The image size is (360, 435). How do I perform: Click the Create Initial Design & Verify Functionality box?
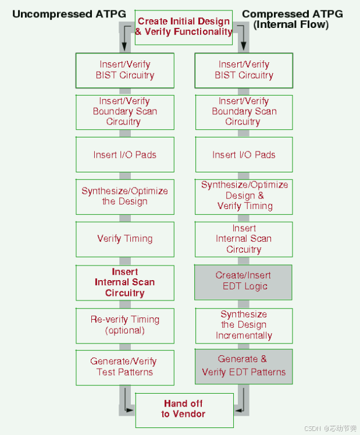(x=184, y=27)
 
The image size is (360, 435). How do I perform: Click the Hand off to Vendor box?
(x=184, y=409)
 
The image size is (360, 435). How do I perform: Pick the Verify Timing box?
(x=125, y=239)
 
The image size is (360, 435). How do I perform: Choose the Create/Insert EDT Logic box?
(x=243, y=281)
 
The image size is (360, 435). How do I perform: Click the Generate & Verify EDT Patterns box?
(x=243, y=366)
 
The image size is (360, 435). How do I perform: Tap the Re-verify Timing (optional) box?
(x=125, y=325)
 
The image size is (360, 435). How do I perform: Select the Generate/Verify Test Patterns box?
(x=125, y=367)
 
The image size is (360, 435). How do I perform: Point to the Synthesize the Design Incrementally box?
(x=243, y=325)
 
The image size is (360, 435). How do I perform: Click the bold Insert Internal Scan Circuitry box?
(x=125, y=282)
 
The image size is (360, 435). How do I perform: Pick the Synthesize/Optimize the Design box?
(x=125, y=196)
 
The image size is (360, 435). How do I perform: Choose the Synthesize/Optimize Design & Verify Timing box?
(x=243, y=196)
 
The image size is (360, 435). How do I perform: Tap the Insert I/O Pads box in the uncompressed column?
(x=125, y=155)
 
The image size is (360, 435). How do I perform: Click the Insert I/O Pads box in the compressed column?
(x=243, y=155)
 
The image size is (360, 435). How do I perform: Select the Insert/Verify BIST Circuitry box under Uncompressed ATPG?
(x=125, y=70)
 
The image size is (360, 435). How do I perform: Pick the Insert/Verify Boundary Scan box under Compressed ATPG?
(x=243, y=112)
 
